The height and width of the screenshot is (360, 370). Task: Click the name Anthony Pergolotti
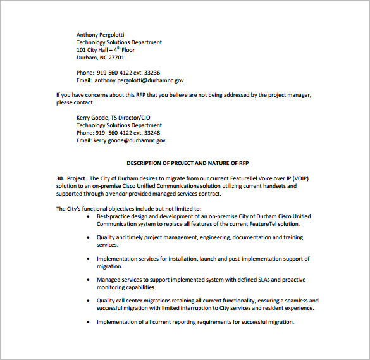click(101, 34)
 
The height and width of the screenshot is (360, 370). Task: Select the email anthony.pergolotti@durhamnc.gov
click(139, 80)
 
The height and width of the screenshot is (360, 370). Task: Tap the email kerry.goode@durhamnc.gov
click(130, 140)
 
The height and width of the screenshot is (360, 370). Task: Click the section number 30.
click(61, 178)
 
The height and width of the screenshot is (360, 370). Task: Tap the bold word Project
click(77, 178)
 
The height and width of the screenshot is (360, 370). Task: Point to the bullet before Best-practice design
click(89, 217)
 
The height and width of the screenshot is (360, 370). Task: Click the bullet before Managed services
click(89, 280)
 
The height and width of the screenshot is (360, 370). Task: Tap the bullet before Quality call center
click(89, 301)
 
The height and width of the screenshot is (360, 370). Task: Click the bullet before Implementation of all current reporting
click(89, 322)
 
